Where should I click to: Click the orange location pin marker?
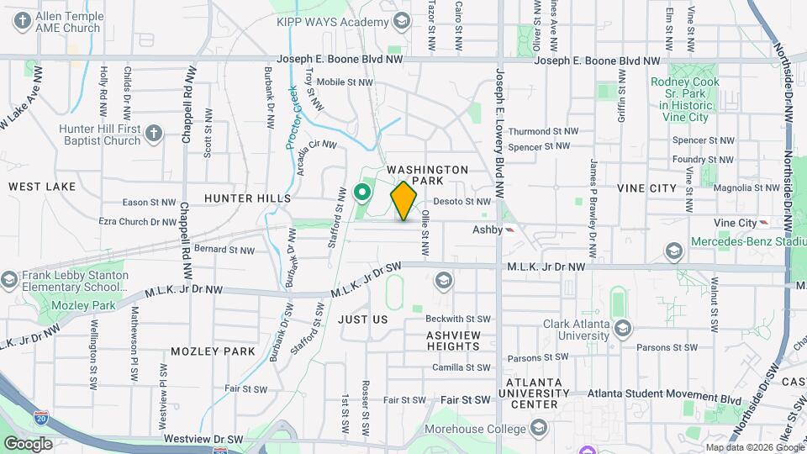(x=404, y=200)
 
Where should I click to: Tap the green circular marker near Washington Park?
(x=363, y=193)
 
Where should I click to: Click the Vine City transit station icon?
(x=763, y=222)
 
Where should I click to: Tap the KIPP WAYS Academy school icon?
(x=401, y=21)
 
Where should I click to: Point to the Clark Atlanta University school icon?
(x=622, y=327)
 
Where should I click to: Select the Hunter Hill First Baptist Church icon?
(x=153, y=133)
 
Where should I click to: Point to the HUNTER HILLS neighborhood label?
(x=247, y=198)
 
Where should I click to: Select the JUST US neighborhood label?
(x=363, y=319)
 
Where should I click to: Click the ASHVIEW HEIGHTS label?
(x=452, y=340)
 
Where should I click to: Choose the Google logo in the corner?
(x=28, y=443)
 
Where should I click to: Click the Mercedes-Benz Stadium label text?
(x=744, y=242)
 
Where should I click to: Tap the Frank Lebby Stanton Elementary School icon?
(x=8, y=279)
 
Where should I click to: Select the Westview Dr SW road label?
(x=203, y=439)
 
